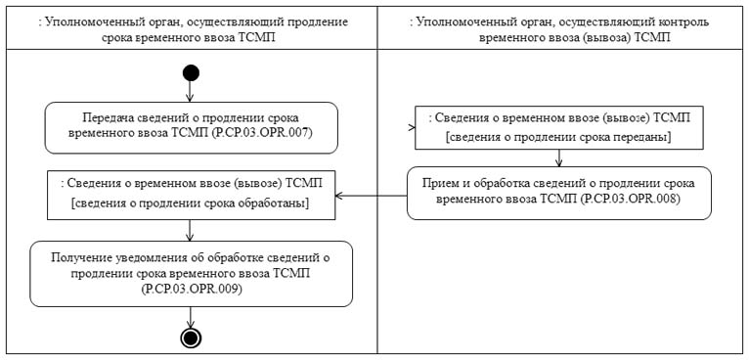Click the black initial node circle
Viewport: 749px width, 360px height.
coord(190,72)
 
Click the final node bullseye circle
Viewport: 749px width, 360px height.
coord(190,337)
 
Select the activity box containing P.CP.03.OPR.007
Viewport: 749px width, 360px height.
coord(191,127)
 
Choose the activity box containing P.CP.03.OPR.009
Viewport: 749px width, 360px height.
coord(190,273)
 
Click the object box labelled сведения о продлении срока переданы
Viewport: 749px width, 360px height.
coord(557,128)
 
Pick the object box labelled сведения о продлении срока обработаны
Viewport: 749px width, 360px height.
coord(190,194)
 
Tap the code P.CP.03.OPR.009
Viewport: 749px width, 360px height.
coord(190,290)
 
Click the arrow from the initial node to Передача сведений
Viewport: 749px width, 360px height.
coord(190,91)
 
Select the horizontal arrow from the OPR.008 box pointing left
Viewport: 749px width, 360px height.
coord(371,194)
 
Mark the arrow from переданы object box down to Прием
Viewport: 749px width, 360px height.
coord(558,157)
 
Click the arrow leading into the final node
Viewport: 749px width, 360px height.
coord(190,317)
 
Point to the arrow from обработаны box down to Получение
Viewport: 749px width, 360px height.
coord(190,229)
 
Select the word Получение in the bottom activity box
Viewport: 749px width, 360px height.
coord(84,256)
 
